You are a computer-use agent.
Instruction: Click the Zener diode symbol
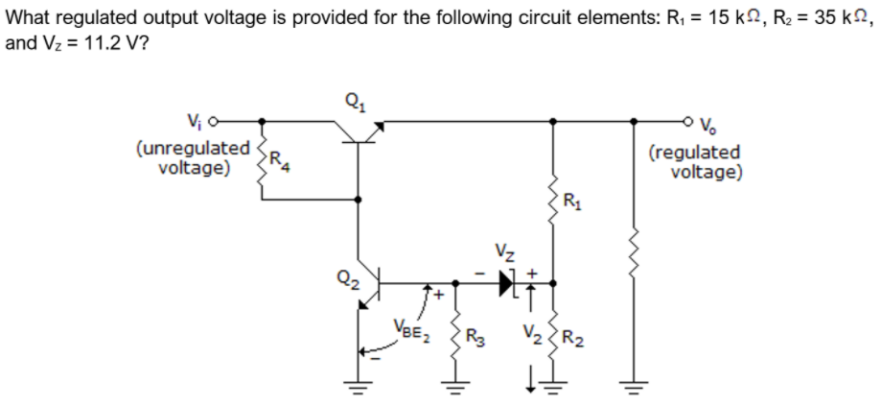(506, 283)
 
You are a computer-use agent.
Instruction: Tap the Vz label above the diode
(505, 254)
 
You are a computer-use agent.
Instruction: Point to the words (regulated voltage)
(695, 162)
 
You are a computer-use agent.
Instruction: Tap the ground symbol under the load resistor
(630, 392)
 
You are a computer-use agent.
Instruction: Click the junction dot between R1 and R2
(552, 283)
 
